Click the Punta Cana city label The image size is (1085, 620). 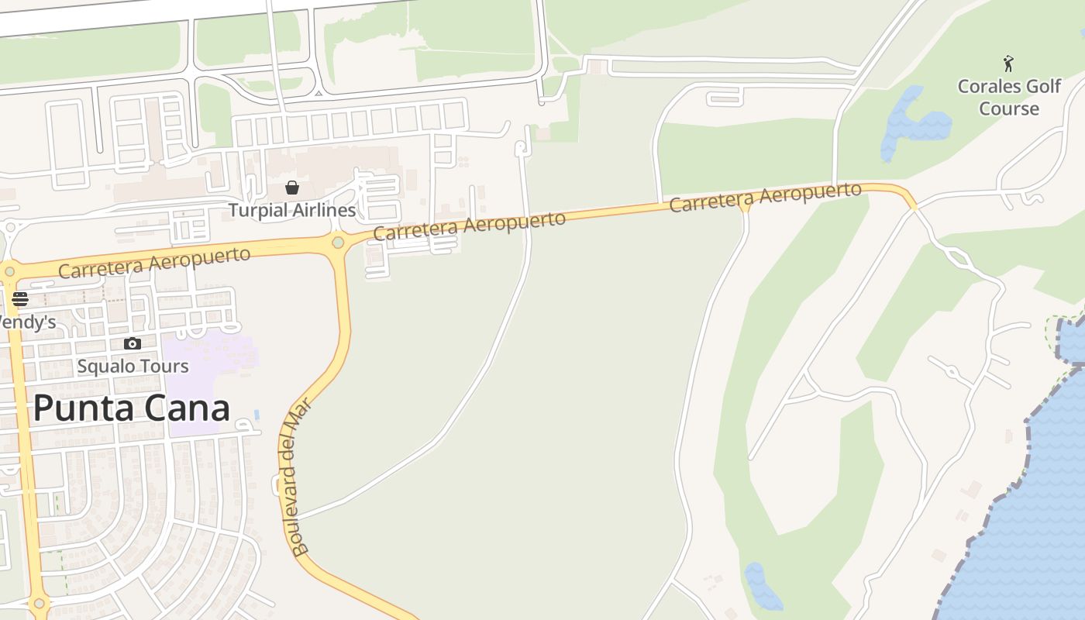pos(131,408)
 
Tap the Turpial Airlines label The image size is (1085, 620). pos(291,210)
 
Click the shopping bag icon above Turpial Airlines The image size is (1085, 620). pos(292,188)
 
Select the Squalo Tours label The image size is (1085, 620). pos(133,366)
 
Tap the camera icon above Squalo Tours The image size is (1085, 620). pos(133,343)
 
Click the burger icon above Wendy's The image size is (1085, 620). pos(20,299)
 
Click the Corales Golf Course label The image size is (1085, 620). pos(1008,97)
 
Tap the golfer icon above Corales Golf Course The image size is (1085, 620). pos(1008,64)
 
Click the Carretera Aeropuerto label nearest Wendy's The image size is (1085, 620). pos(154,263)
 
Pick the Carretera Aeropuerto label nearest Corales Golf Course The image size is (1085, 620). pos(765,197)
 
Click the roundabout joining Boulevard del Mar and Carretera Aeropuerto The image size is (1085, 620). pos(338,243)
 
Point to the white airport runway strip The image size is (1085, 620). pos(155,15)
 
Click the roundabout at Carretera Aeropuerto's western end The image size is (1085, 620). pos(9,271)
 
